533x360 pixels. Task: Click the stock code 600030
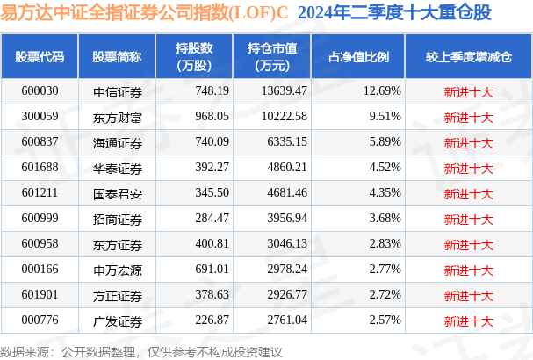(40, 90)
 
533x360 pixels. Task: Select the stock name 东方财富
(117, 117)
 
